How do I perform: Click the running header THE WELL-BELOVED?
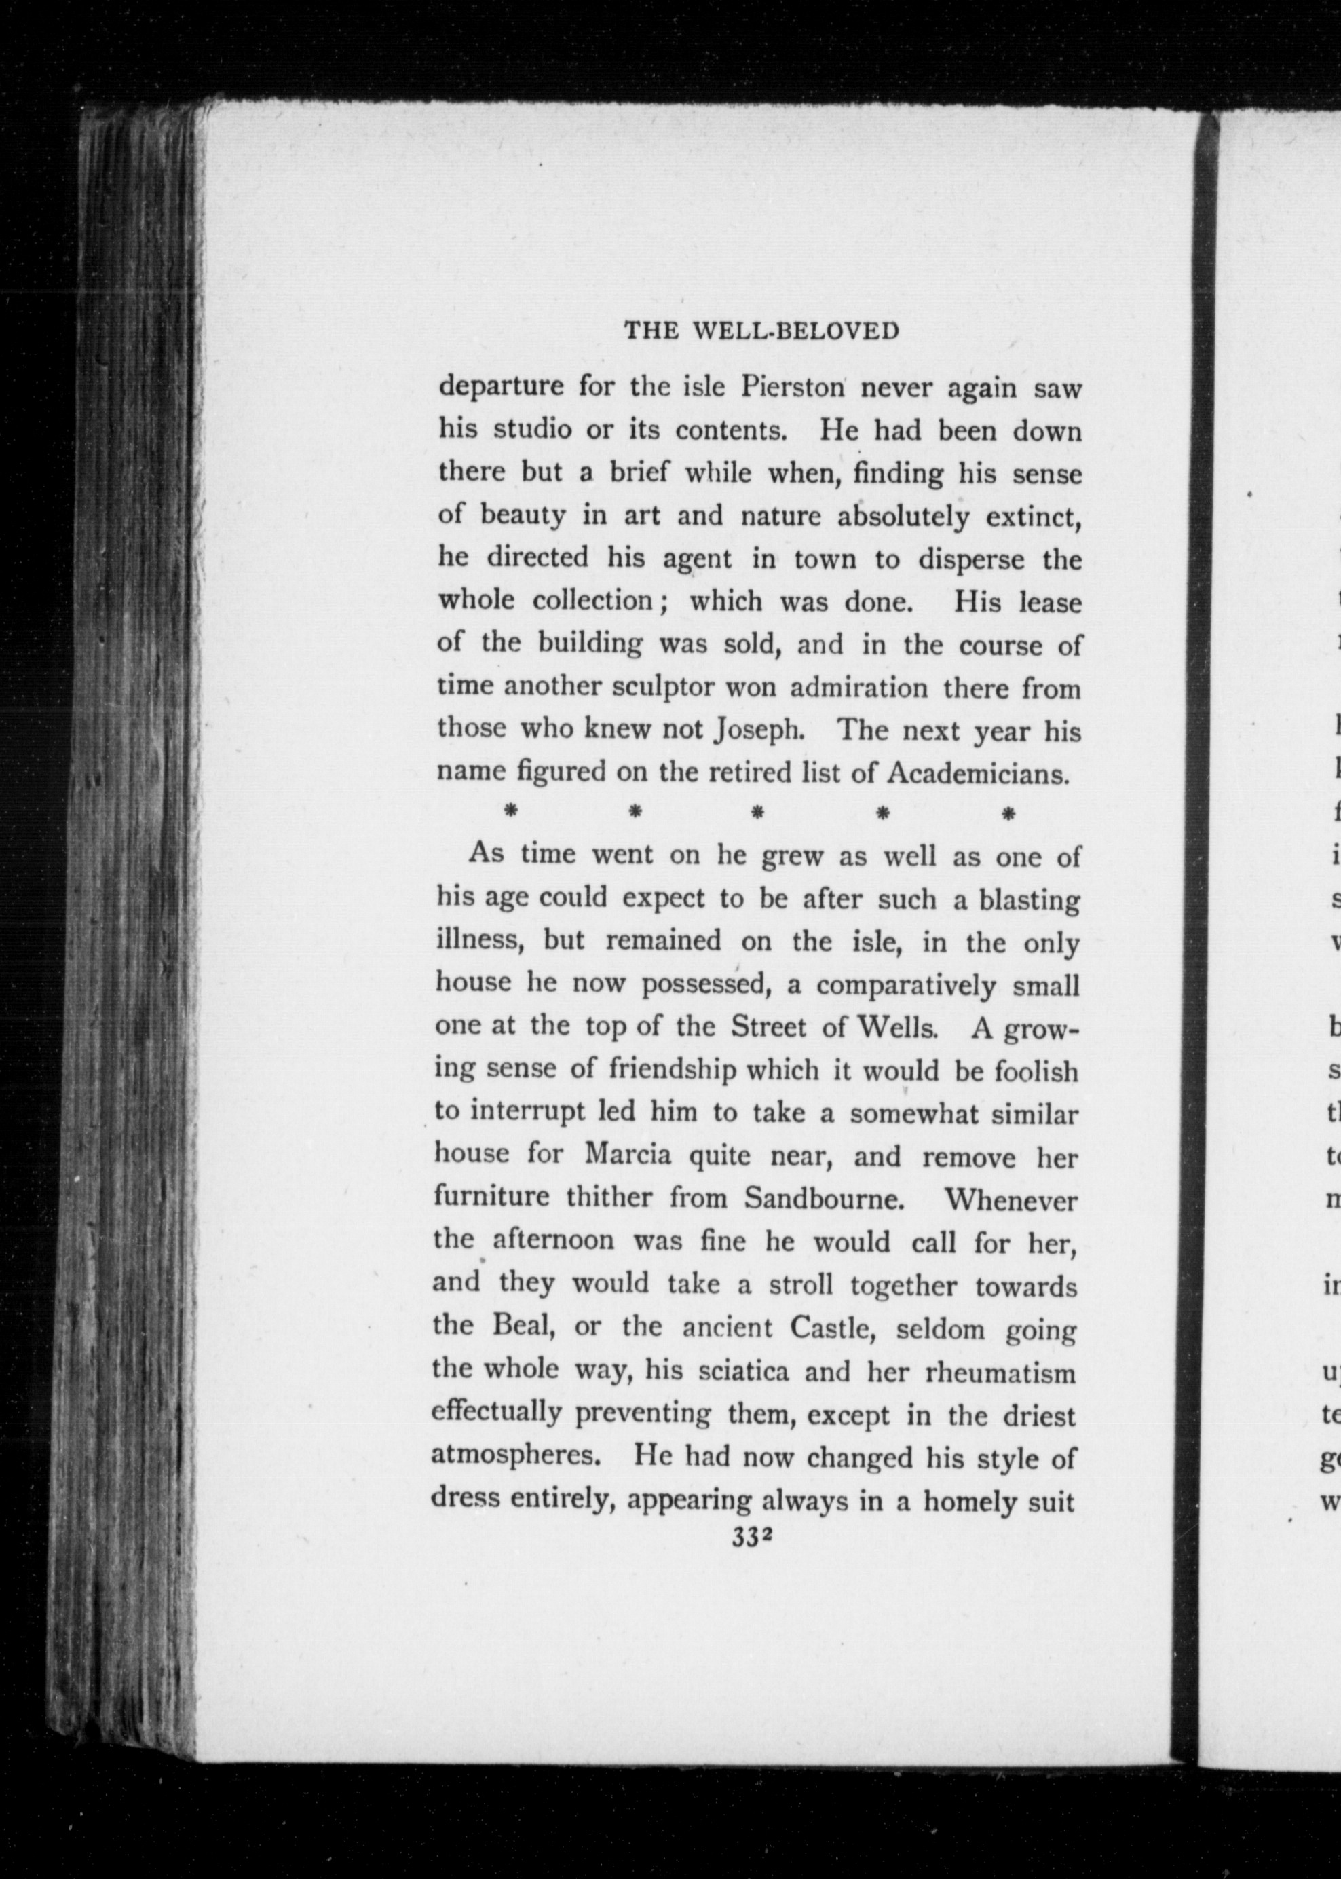click(x=761, y=331)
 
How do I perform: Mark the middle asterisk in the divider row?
click(x=757, y=813)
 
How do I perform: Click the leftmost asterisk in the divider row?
click(x=510, y=813)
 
